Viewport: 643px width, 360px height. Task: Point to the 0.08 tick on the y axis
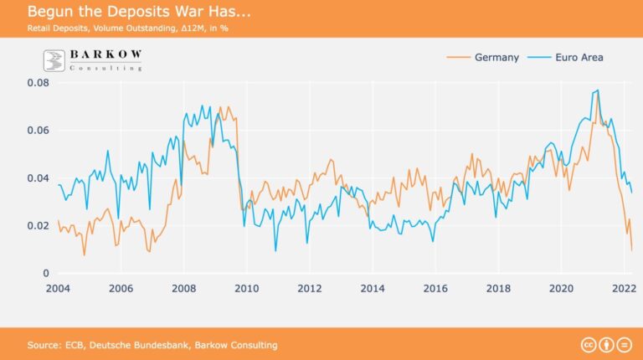tap(37, 83)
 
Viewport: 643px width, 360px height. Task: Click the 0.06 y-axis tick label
tap(37, 131)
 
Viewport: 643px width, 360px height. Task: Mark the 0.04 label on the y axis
tap(37, 178)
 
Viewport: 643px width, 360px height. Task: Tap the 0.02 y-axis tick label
tap(37, 226)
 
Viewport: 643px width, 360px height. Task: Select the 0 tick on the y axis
tap(46, 274)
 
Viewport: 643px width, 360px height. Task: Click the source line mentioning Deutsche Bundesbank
tap(152, 345)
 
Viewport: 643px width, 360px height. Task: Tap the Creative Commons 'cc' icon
tap(588, 345)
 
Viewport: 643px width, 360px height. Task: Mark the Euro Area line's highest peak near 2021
tap(597, 90)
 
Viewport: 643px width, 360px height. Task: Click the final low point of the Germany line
tap(631, 249)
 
